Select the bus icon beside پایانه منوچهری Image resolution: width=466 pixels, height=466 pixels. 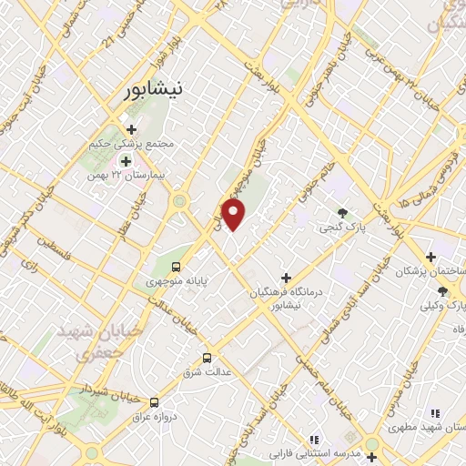[176, 268]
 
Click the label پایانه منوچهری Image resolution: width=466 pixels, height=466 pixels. [177, 282]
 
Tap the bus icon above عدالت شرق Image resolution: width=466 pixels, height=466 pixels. [207, 358]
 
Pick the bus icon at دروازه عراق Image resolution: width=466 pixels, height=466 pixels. [155, 401]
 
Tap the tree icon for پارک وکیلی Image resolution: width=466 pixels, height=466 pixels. [442, 291]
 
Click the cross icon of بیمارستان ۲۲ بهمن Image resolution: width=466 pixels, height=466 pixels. [127, 160]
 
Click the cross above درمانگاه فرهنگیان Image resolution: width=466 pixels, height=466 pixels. [286, 277]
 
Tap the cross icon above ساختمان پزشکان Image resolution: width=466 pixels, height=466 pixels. [431, 257]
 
